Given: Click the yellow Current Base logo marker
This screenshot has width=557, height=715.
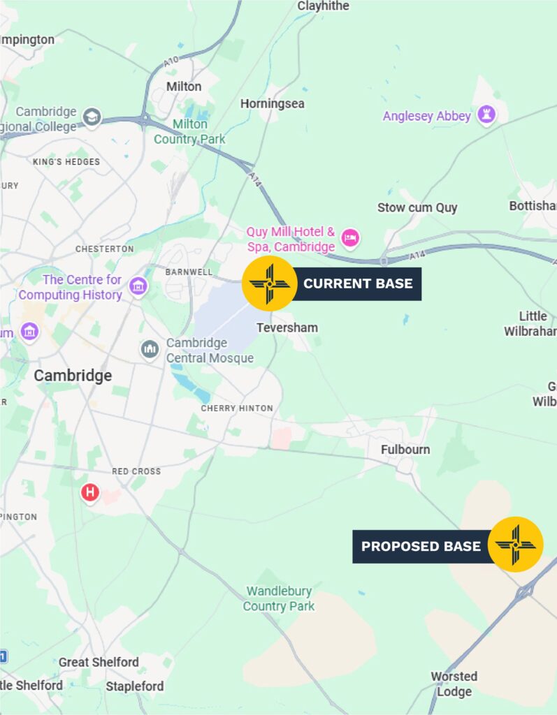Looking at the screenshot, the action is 270,283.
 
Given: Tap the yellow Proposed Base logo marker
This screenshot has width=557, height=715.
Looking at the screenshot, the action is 516,545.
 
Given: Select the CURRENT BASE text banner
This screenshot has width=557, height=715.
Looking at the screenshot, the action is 358,284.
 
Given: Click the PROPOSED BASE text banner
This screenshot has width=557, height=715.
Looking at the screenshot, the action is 421,546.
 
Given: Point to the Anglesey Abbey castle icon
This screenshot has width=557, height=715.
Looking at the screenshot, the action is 486,115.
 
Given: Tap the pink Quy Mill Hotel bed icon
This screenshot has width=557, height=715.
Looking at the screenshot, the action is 350,239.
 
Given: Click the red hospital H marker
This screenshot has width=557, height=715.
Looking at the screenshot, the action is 89,492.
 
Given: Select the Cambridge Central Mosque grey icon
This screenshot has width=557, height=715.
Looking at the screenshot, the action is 150,349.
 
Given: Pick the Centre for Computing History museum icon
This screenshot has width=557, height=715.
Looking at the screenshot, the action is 139,286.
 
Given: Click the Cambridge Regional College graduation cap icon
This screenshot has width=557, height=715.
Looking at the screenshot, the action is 92,117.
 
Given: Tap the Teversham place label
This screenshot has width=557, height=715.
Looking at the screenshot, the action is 287,327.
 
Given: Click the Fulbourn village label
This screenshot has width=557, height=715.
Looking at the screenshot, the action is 405,450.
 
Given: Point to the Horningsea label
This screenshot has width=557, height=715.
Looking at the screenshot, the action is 273,103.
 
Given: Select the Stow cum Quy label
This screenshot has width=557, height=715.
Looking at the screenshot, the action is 417,207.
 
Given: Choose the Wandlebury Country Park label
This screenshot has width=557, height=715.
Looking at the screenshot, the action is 279,599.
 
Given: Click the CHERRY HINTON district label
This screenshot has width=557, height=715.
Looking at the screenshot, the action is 237,408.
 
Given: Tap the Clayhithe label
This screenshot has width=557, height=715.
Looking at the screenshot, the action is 323,6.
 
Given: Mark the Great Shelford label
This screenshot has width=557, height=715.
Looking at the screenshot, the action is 99,662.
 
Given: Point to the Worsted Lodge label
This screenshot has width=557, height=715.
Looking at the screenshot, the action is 454,684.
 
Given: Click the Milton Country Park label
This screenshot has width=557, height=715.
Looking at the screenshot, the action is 189,131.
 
